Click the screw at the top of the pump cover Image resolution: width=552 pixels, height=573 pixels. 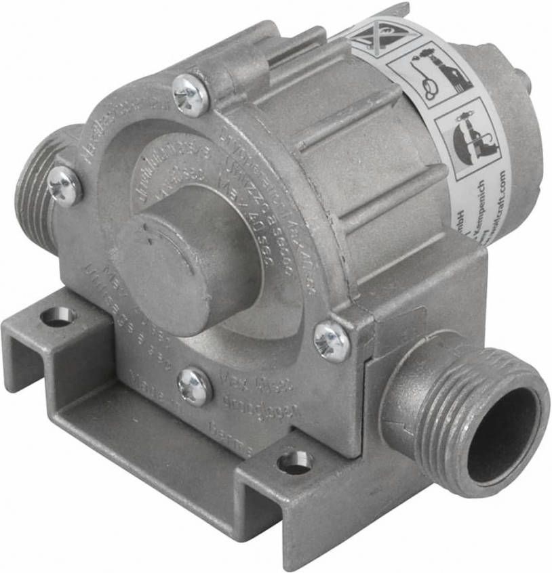coord(190,95)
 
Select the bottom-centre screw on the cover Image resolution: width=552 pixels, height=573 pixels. coord(195,387)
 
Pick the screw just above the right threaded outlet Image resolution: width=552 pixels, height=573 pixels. coord(332,341)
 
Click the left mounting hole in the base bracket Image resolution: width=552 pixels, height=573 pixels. coord(58,316)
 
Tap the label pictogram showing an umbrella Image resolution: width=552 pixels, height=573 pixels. coord(468,135)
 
